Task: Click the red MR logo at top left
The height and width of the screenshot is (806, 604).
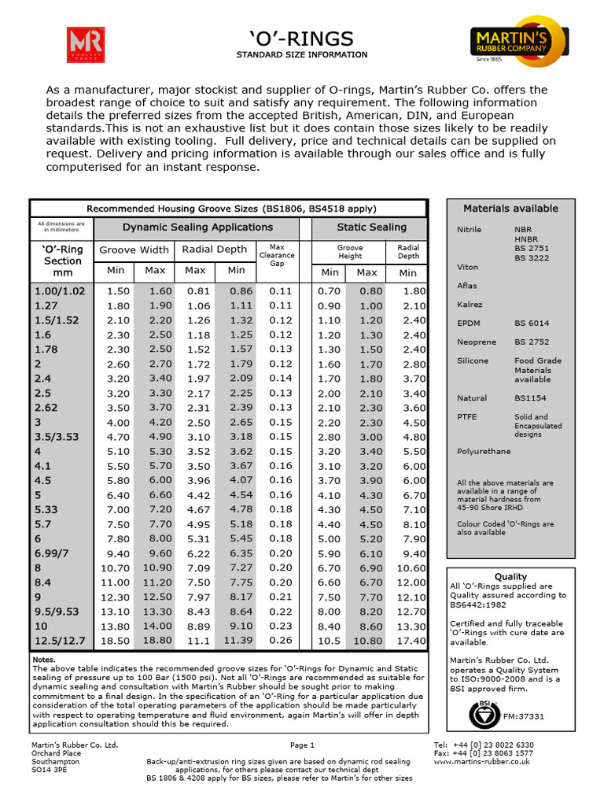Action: click(x=86, y=44)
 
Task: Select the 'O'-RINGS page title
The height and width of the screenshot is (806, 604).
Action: click(x=302, y=39)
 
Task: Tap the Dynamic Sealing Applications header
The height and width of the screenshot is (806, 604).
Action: click(x=197, y=227)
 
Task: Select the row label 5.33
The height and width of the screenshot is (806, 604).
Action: click(x=47, y=509)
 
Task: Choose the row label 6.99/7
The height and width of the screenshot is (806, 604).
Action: click(x=51, y=553)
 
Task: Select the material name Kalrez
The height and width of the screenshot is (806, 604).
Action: click(x=470, y=304)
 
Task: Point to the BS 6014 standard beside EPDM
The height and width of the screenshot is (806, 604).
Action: click(x=532, y=324)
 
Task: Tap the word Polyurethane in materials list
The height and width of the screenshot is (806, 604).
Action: click(x=484, y=451)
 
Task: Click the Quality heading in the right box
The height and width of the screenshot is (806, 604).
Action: click(x=510, y=577)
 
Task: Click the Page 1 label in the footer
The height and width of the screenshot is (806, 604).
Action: click(x=302, y=745)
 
